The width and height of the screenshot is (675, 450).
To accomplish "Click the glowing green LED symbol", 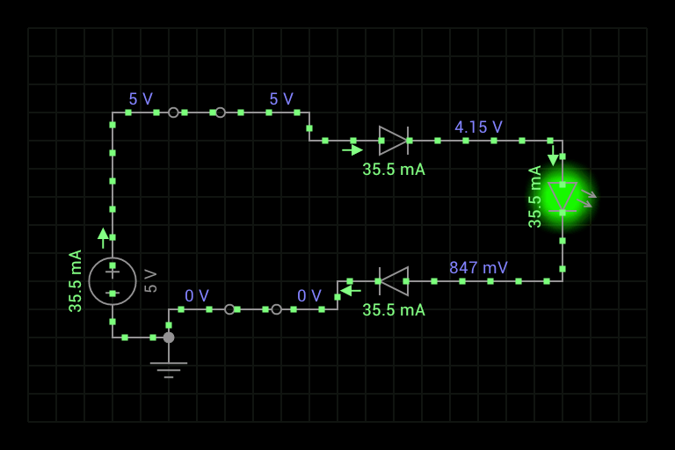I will [x=562, y=198].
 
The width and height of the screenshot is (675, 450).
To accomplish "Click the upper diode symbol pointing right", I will [x=394, y=141].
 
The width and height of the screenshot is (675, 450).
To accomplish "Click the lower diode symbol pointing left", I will [x=393, y=281].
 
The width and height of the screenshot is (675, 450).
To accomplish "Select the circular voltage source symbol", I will [x=112, y=281].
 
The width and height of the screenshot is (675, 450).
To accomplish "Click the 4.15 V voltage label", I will [x=478, y=127].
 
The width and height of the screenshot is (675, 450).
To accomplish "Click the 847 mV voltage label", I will [x=478, y=268].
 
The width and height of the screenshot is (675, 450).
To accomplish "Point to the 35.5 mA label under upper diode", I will [x=394, y=170].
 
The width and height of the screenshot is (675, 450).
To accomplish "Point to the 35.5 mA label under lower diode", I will [x=394, y=310].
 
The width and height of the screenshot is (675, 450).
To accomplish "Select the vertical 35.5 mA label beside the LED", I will [x=535, y=197].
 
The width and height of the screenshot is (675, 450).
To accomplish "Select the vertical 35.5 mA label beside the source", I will [x=76, y=281].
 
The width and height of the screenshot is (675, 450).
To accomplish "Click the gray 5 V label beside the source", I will [x=150, y=281].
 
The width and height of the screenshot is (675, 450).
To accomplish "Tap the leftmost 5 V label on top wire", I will [x=141, y=99].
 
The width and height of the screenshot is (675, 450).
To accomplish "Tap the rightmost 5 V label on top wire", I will [x=281, y=99].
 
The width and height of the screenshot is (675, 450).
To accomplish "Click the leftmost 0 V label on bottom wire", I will [x=197, y=296].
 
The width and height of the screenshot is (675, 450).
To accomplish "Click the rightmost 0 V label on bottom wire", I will [x=309, y=296].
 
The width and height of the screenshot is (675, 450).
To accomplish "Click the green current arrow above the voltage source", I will [x=104, y=237].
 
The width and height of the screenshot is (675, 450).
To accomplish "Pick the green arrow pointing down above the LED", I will [x=553, y=159].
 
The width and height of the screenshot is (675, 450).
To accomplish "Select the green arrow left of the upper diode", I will [x=352, y=150].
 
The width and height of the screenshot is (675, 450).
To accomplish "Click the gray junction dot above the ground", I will [x=169, y=337].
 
